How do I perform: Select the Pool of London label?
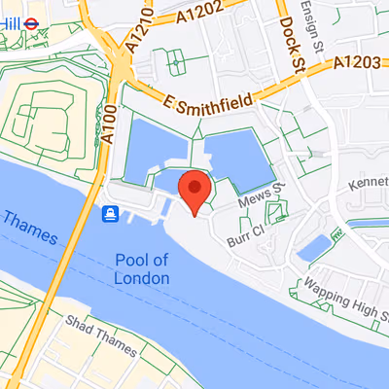tap(141, 269)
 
